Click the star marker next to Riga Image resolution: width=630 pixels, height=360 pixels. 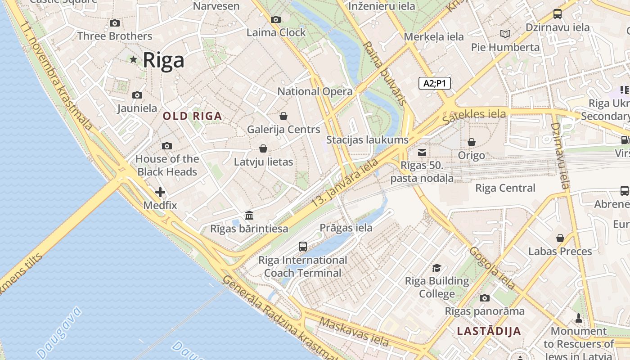[x=133, y=59]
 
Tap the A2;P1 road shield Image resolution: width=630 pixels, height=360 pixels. [x=434, y=83]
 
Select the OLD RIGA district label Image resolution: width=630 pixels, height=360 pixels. [x=192, y=116]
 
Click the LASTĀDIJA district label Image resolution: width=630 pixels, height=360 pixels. [x=489, y=331]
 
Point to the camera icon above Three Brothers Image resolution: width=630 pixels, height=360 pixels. [x=115, y=23]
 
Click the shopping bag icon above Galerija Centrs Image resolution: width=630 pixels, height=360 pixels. [x=283, y=116]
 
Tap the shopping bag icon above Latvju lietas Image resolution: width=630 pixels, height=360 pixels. [x=263, y=148]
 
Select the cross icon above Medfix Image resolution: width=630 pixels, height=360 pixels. [x=160, y=193]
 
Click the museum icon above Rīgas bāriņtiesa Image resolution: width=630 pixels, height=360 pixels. [x=249, y=215]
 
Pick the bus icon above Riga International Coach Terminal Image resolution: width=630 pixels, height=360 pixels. [x=303, y=247]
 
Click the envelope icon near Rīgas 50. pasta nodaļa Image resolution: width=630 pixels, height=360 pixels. [x=422, y=153]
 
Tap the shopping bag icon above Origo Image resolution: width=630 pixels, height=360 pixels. [x=471, y=142]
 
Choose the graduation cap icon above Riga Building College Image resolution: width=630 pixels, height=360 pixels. [x=436, y=268]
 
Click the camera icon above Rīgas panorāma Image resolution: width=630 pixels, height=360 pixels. [x=484, y=298]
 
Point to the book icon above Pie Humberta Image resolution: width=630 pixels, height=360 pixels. [x=505, y=34]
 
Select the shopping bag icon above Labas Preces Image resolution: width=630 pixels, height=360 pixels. [x=560, y=238]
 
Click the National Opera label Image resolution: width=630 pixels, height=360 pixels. [x=315, y=91]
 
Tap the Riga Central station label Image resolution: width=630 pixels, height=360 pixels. [x=505, y=188]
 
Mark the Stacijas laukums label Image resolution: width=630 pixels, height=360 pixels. [x=367, y=139]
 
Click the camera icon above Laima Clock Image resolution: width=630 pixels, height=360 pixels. [x=276, y=19]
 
